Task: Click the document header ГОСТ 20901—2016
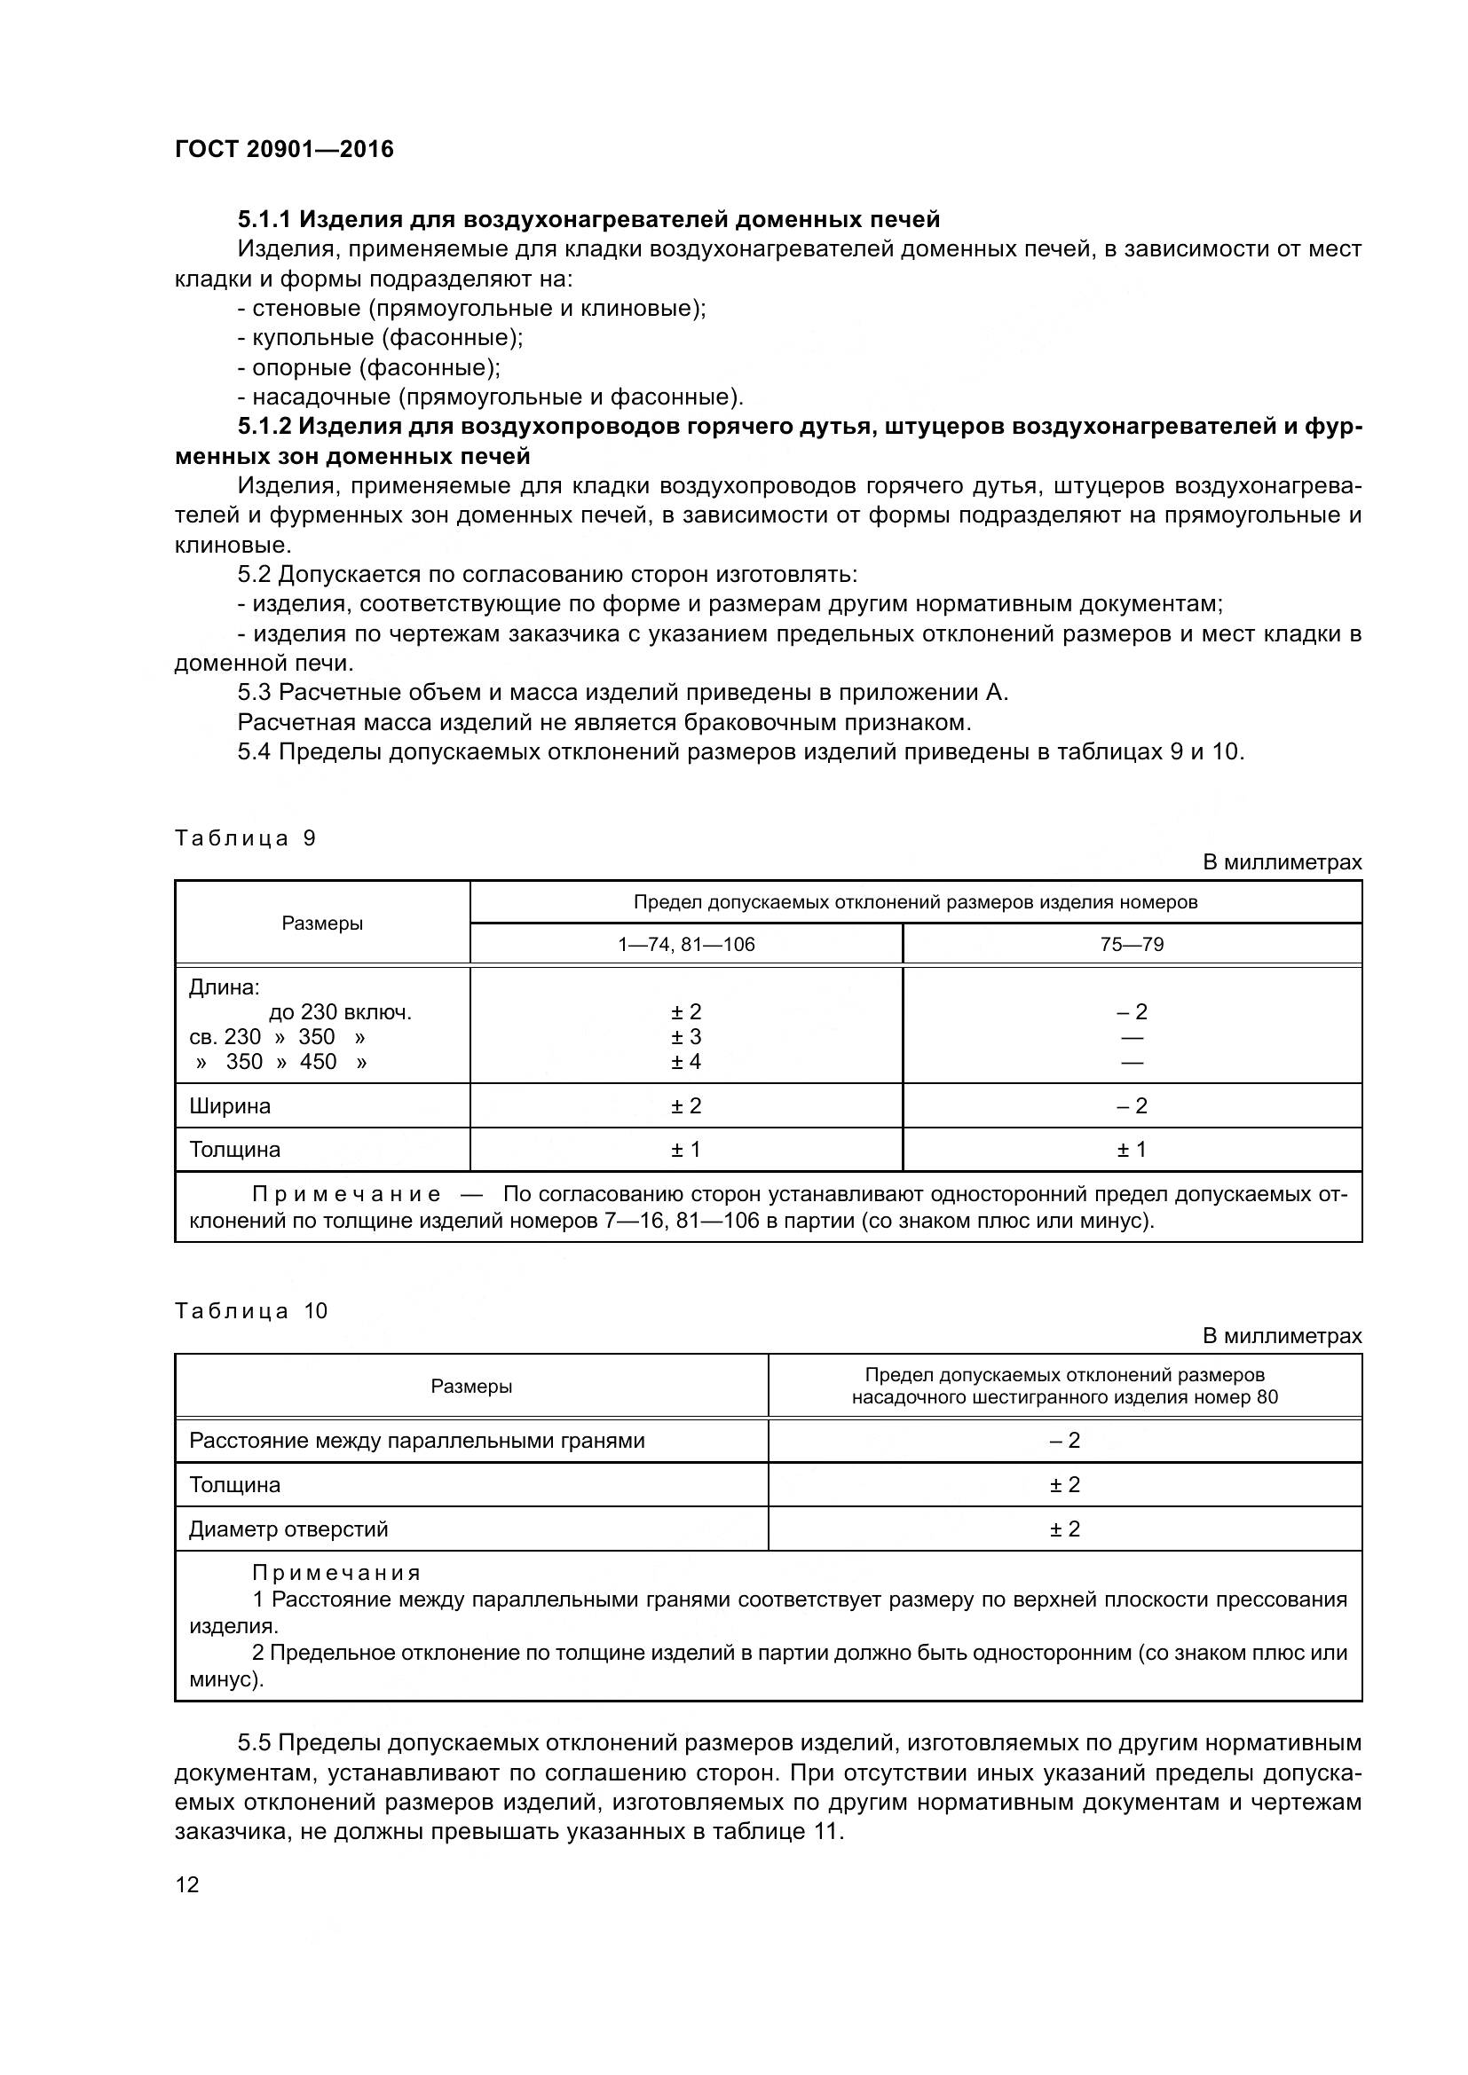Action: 284,149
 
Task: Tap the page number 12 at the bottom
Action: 187,1884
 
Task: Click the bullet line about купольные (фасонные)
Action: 381,338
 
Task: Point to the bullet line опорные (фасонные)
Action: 369,368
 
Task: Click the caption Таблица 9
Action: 245,837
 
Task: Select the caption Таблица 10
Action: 250,1310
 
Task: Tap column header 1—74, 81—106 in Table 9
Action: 686,945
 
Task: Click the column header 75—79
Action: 1132,945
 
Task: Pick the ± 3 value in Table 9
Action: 686,1036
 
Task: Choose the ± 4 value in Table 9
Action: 686,1062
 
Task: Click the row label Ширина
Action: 230,1106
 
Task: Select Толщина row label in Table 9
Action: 235,1150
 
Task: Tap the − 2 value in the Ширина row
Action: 1132,1106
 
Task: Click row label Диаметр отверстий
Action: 288,1529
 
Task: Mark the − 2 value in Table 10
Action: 1065,1441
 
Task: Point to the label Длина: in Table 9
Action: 225,986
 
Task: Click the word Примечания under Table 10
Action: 336,1573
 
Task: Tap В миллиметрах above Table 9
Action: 1282,863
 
